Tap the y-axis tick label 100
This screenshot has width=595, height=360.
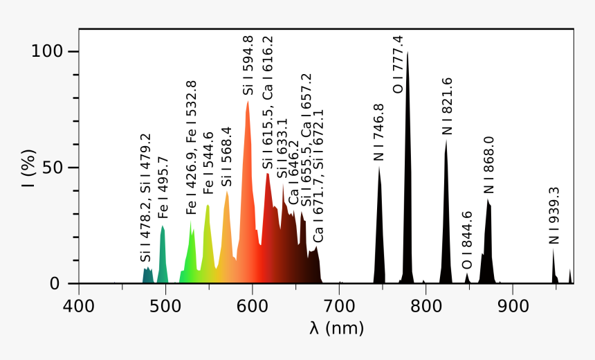coord(47,51)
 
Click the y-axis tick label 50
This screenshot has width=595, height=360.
coord(53,168)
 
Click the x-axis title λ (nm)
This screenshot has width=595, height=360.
coord(336,327)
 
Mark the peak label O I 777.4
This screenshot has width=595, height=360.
coord(398,64)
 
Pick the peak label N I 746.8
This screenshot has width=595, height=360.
coord(379,133)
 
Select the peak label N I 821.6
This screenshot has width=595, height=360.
coord(447,106)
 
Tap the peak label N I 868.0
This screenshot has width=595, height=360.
coord(488,165)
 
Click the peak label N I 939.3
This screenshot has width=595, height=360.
coord(553,215)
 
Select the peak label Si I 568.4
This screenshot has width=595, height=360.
coord(226,156)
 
